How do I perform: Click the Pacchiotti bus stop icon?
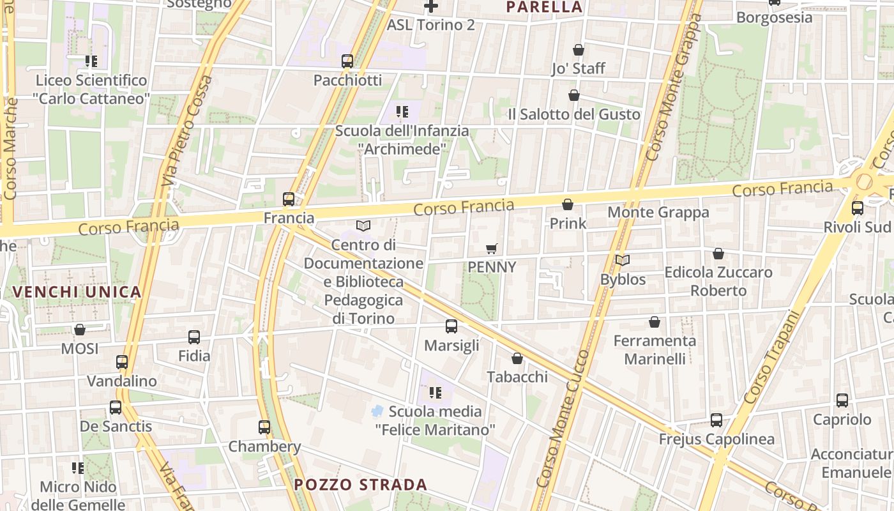(x=347, y=61)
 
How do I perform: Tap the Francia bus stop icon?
(x=289, y=199)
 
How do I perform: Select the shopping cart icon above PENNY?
(x=491, y=248)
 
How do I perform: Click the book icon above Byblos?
(x=623, y=261)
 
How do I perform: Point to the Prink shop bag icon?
(x=567, y=204)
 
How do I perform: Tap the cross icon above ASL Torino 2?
(x=431, y=6)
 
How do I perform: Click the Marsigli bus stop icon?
(x=451, y=326)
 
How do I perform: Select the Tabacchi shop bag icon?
(x=517, y=358)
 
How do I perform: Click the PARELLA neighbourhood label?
(x=544, y=7)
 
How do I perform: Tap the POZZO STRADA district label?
(x=361, y=484)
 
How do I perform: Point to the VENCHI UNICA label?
(x=76, y=292)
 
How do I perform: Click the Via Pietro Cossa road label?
(x=187, y=131)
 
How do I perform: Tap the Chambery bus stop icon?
(x=264, y=427)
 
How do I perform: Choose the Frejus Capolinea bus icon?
(x=716, y=420)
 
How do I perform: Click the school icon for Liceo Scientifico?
(x=91, y=61)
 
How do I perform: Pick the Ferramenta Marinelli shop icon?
(x=654, y=322)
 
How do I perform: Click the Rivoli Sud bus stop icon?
(x=858, y=208)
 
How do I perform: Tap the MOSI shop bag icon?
(x=80, y=330)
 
